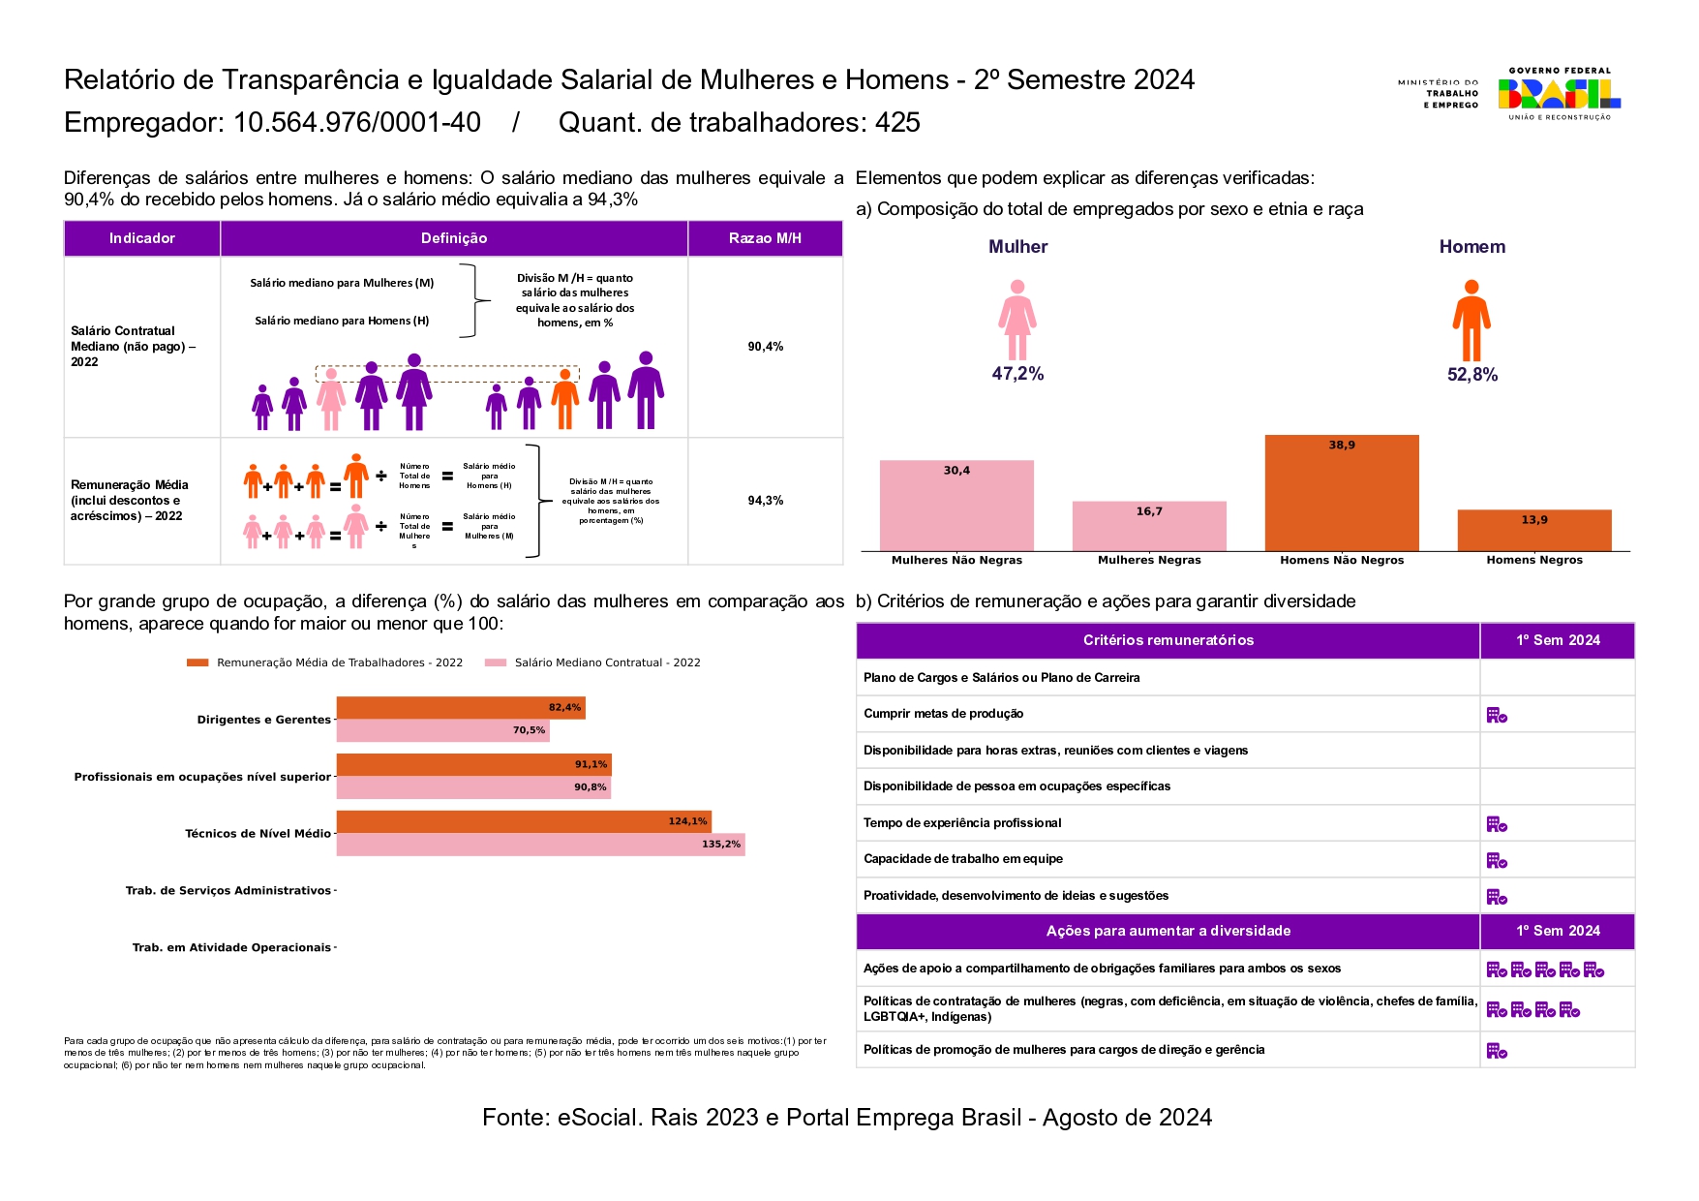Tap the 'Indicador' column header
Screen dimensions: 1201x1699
pyautogui.click(x=142, y=238)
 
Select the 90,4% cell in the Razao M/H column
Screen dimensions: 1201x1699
pyautogui.click(x=765, y=347)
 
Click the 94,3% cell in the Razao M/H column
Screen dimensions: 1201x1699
pyautogui.click(x=765, y=501)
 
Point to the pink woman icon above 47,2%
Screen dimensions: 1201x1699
pyautogui.click(x=1016, y=320)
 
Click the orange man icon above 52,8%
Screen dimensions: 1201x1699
pyautogui.click(x=1471, y=320)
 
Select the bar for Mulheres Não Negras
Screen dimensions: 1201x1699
pyautogui.click(x=956, y=506)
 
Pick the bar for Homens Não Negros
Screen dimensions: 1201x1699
pyautogui.click(x=1341, y=493)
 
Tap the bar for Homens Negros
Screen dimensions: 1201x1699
pyautogui.click(x=1533, y=531)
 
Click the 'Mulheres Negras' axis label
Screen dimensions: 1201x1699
pyautogui.click(x=1149, y=560)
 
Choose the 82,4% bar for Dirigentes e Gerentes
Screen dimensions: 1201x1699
pyautogui.click(x=460, y=708)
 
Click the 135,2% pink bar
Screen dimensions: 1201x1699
pyautogui.click(x=540, y=845)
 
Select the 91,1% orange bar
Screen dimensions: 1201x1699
pyautogui.click(x=473, y=765)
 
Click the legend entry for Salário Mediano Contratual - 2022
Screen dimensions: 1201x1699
pyautogui.click(x=607, y=662)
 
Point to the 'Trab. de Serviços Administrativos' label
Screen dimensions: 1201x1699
pyautogui.click(x=228, y=891)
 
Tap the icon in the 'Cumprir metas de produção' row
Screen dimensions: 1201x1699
pyautogui.click(x=1497, y=715)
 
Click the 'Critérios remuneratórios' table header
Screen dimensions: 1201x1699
pyautogui.click(x=1168, y=640)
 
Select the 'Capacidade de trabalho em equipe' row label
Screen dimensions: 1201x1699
pyautogui.click(x=963, y=859)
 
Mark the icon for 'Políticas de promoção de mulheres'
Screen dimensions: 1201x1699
pyautogui.click(x=1497, y=1051)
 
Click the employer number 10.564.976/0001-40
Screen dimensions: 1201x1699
pyautogui.click(x=357, y=123)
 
